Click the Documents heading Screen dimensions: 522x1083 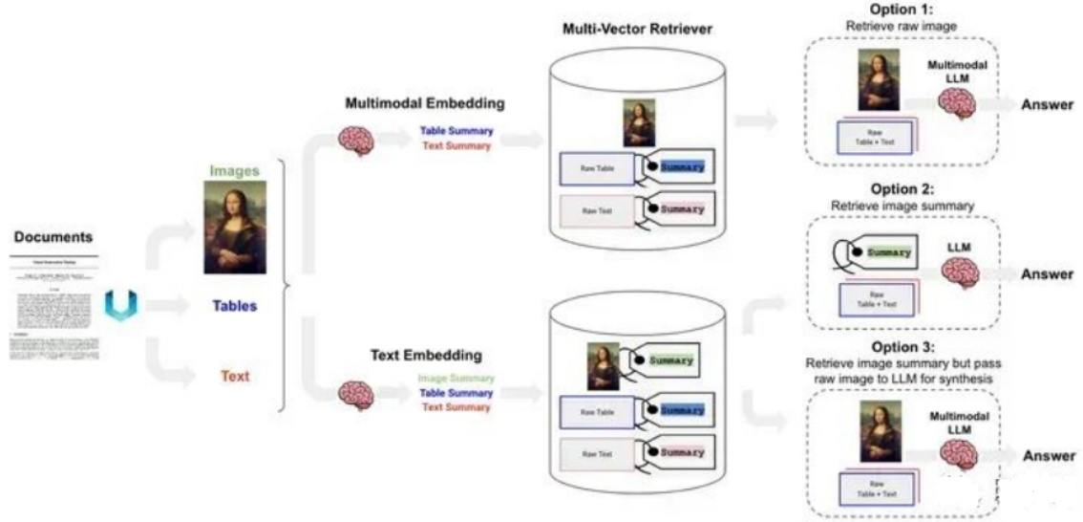click(x=53, y=236)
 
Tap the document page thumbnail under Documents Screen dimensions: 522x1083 click(x=53, y=306)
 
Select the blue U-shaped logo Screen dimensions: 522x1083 click(x=121, y=306)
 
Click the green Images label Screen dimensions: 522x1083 click(x=234, y=171)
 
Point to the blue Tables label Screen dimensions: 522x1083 click(x=234, y=307)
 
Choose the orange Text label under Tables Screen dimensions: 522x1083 click(x=234, y=376)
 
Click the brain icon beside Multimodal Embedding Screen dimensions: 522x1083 click(x=355, y=141)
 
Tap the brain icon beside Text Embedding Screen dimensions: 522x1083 click(x=355, y=393)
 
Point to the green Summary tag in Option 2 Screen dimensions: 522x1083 click(x=887, y=253)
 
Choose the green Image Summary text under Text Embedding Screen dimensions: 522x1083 click(x=456, y=379)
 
